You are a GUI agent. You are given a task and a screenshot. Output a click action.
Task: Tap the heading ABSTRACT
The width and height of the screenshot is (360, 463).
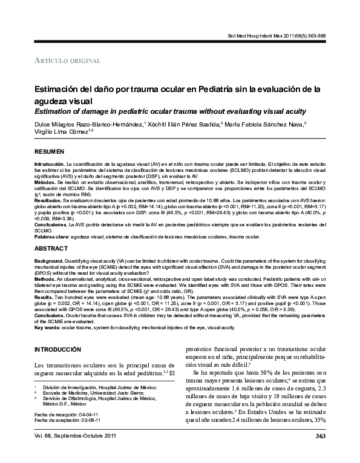tap(49, 249)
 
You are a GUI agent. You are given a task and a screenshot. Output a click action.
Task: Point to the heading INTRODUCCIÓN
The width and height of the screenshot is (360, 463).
tap(58, 350)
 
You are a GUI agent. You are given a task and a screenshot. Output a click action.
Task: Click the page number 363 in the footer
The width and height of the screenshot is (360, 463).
tap(321, 453)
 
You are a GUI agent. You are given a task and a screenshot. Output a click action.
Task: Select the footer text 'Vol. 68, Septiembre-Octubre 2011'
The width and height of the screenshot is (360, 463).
tap(74, 453)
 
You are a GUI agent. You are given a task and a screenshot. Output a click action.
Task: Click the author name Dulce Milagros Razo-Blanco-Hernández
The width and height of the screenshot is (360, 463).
tap(88, 123)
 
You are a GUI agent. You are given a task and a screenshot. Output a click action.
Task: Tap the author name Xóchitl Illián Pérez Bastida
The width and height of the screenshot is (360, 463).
tap(183, 123)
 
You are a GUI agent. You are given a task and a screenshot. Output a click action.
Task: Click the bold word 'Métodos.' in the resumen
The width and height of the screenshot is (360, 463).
tap(45, 181)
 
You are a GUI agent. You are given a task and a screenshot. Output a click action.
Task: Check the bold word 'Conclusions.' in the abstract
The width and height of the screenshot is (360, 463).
tap(50, 316)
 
